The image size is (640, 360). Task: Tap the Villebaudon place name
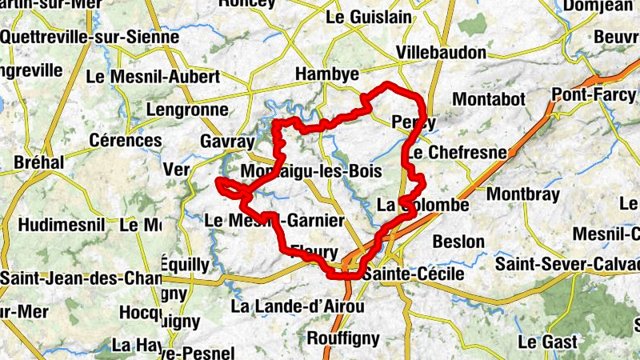pyautogui.click(x=442, y=53)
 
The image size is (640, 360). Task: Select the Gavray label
pyautogui.click(x=227, y=142)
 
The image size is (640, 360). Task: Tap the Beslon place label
pyautogui.click(x=458, y=241)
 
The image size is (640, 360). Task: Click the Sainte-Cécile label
pyautogui.click(x=413, y=274)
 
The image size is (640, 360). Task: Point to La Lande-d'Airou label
pyautogui.click(x=298, y=306)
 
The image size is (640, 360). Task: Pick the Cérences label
pyautogui.click(x=126, y=140)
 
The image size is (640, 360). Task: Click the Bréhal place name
pyautogui.click(x=38, y=162)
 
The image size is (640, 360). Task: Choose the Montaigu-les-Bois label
pyautogui.click(x=310, y=172)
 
